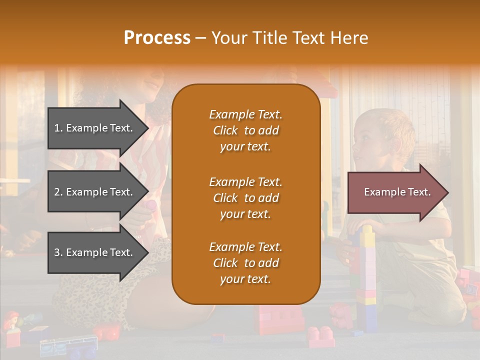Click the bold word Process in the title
tap(157, 38)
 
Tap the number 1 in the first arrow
tap(57, 128)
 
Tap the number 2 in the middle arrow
tap(57, 192)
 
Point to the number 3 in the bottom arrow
tap(57, 252)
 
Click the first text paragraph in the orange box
tap(245, 130)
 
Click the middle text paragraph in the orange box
tap(245, 198)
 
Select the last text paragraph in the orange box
tap(245, 263)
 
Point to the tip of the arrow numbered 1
tap(147, 128)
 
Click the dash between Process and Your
tap(201, 38)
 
